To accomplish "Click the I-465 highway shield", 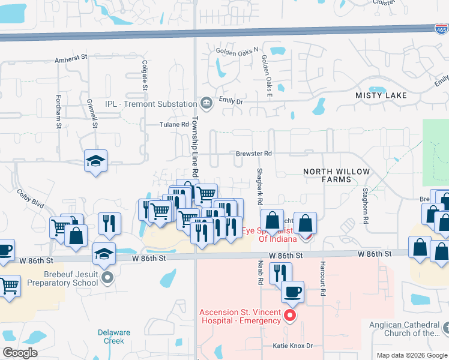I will tap(441, 28).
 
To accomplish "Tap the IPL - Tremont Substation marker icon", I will tap(206, 104).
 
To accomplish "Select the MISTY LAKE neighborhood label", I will tap(381, 96).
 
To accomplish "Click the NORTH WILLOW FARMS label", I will tap(336, 175).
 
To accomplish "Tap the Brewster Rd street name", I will tap(254, 154).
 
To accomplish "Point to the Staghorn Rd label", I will tap(365, 205).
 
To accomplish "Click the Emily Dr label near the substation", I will tap(231, 101).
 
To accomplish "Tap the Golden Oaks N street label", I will tap(237, 51).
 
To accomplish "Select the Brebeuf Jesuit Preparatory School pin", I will tap(107, 277).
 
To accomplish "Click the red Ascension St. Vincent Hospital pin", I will tap(290, 315).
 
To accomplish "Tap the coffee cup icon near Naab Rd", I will tap(292, 292).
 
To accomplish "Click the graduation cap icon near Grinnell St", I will tap(95, 161).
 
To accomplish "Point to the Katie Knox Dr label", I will tap(294, 346).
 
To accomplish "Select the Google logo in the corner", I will tap(20, 353).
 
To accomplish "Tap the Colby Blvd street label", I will tap(31, 199).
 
